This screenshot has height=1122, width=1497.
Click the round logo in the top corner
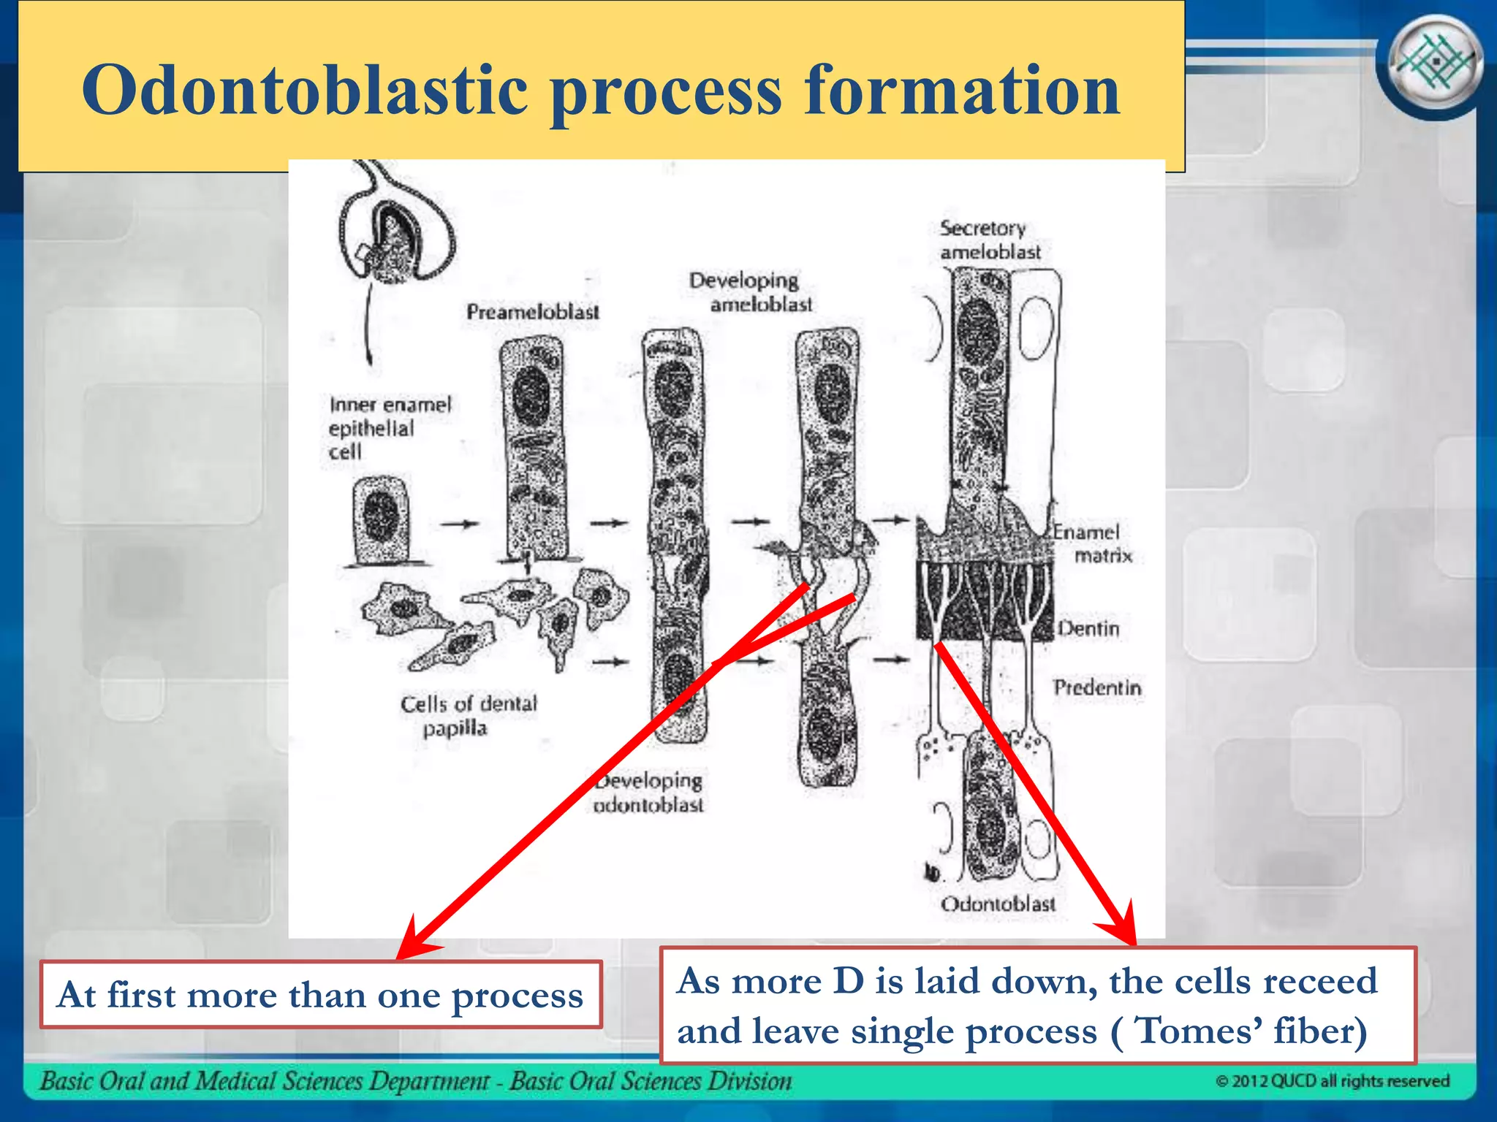(1433, 65)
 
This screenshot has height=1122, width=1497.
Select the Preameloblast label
(532, 312)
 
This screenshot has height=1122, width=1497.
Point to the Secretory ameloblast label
(990, 240)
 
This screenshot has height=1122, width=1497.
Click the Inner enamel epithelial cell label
(389, 428)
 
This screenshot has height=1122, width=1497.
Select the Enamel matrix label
(1092, 543)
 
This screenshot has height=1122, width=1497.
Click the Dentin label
(1089, 628)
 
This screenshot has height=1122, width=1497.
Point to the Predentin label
(1097, 687)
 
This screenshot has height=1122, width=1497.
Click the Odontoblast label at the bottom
(998, 904)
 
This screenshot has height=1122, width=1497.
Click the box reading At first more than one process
(321, 995)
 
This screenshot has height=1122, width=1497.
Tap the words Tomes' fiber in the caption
(1251, 1031)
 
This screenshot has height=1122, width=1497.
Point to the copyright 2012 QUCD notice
(1332, 1081)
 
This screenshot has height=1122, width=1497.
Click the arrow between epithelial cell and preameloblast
(459, 523)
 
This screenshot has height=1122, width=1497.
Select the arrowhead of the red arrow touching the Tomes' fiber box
(1122, 928)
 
